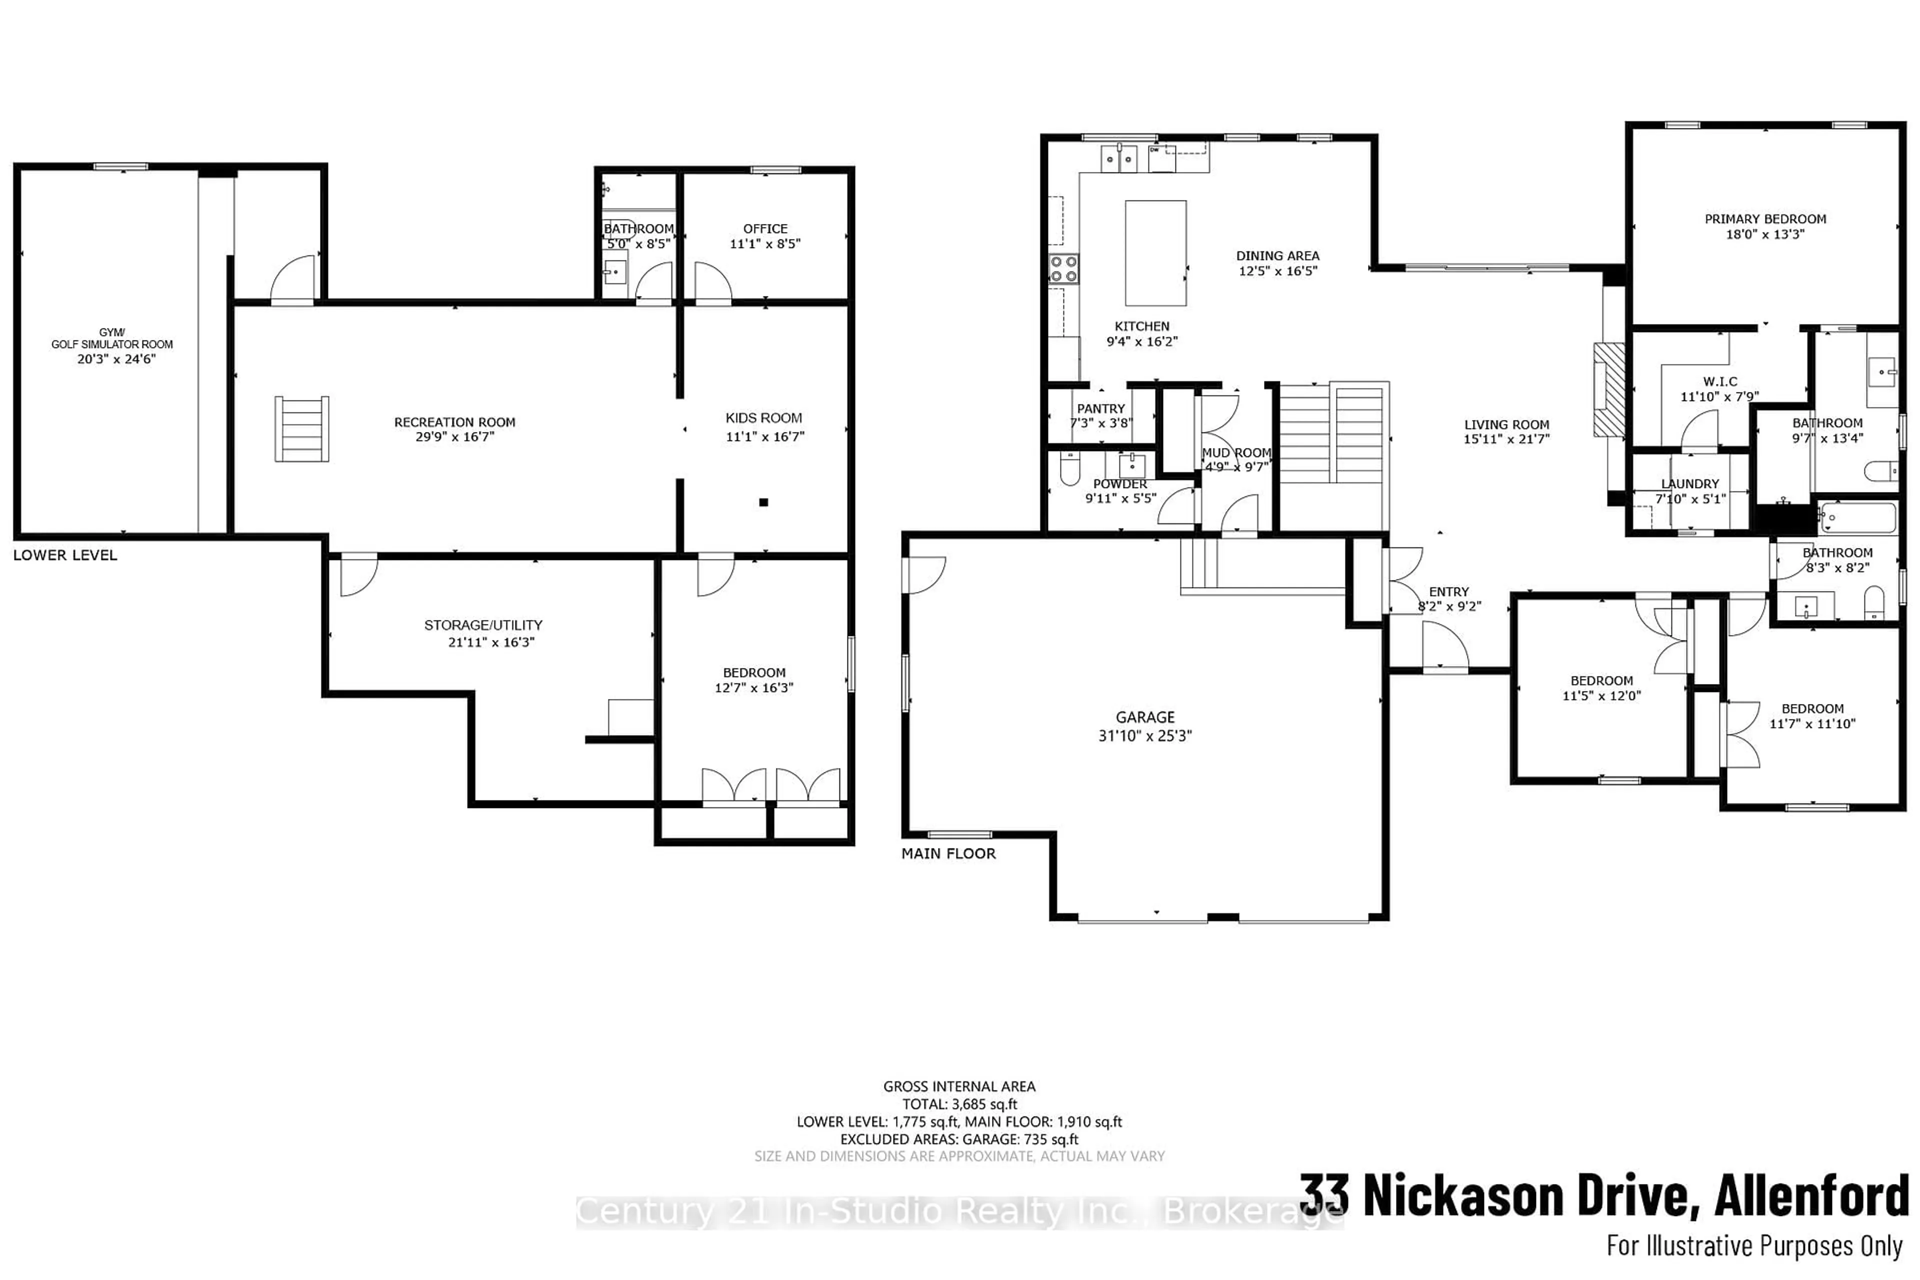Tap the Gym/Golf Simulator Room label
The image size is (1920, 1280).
[112, 338]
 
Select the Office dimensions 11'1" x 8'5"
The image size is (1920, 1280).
[765, 243]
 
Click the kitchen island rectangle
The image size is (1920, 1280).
[1155, 253]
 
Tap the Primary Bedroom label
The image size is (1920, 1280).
[1765, 219]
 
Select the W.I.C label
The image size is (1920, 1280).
[1720, 381]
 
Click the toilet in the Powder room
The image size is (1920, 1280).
[1068, 469]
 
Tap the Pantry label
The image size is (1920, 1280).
[1100, 408]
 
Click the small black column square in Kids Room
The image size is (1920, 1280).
[763, 502]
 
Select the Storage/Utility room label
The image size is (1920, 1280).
[483, 624]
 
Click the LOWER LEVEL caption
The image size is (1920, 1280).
[65, 555]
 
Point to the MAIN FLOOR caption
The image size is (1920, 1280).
[948, 853]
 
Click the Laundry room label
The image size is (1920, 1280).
[1690, 483]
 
